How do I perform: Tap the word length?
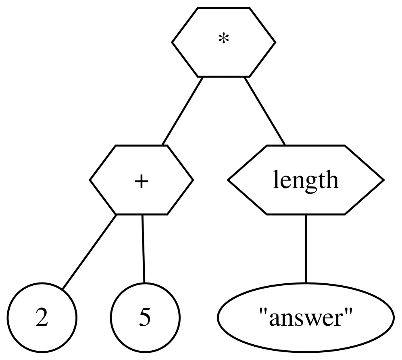point(305,180)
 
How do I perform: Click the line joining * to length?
point(265,110)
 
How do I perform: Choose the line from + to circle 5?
point(143,248)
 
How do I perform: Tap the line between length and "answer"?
point(305,248)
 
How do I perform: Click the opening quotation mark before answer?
point(260,313)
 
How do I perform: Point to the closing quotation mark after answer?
point(350,313)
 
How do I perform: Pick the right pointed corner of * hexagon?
point(275,42)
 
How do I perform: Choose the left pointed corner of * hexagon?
point(172,42)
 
